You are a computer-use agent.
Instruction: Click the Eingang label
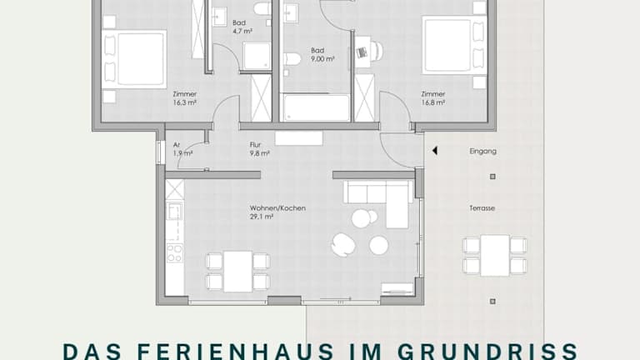(x=482, y=152)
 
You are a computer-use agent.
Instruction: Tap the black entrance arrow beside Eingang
(x=435, y=151)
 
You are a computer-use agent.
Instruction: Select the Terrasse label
(x=482, y=208)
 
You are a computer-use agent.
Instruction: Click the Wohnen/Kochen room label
(x=277, y=208)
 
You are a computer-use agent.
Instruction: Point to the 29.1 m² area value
(x=262, y=217)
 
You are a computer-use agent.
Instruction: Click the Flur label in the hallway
(x=255, y=144)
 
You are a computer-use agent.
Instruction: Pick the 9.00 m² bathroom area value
(x=322, y=59)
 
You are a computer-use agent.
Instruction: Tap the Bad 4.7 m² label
(x=242, y=27)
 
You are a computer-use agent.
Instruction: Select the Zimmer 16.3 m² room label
(x=184, y=98)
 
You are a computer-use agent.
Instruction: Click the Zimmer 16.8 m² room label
(x=433, y=98)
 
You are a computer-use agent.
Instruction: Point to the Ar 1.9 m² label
(x=182, y=149)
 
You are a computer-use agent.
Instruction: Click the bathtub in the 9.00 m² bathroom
(x=317, y=107)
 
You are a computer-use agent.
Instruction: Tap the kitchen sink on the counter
(x=175, y=211)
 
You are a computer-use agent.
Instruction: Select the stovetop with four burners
(x=175, y=253)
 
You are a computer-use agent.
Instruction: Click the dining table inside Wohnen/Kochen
(x=237, y=271)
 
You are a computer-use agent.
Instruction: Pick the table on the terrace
(x=495, y=256)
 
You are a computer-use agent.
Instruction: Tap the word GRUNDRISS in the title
(x=487, y=352)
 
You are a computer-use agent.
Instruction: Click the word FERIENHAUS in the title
(x=236, y=352)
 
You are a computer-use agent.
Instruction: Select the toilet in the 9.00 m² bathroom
(x=292, y=59)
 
